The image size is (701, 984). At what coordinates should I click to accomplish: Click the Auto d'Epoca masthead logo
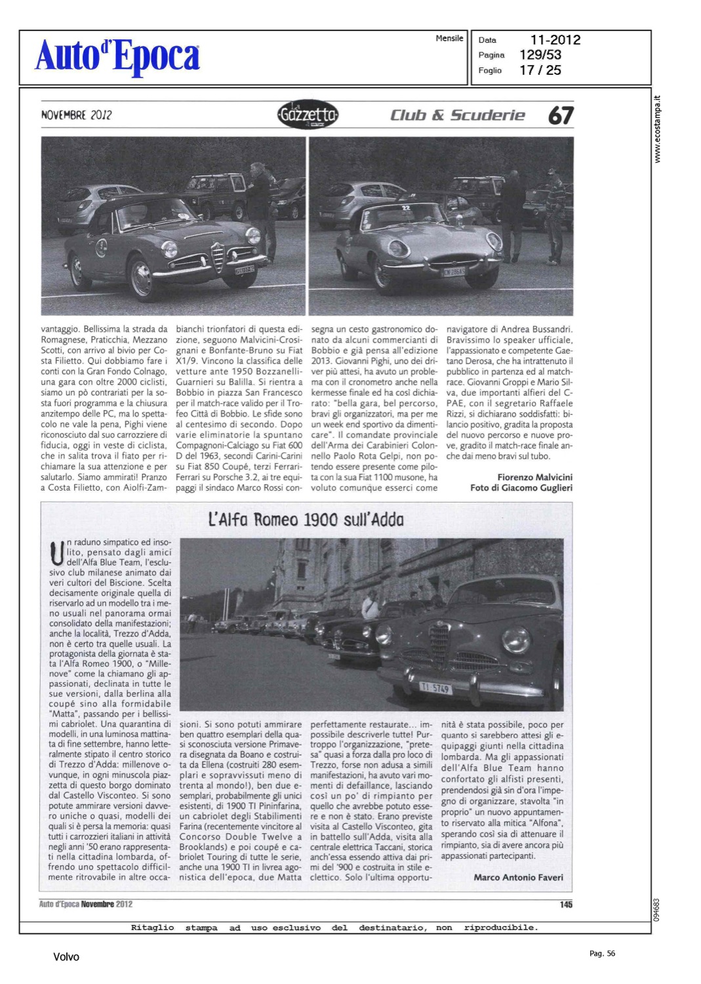tap(117, 56)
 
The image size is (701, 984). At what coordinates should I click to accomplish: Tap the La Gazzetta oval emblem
tap(308, 115)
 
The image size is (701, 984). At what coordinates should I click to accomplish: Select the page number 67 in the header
tap(561, 115)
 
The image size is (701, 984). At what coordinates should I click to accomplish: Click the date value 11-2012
tap(555, 40)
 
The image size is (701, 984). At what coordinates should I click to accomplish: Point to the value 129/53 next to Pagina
tap(540, 55)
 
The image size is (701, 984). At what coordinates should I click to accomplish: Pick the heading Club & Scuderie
tap(458, 115)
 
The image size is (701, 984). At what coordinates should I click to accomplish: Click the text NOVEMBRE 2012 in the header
tap(76, 115)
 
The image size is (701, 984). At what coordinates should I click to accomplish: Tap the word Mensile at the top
tap(449, 39)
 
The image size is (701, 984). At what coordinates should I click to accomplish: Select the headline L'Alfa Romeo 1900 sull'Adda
tap(306, 520)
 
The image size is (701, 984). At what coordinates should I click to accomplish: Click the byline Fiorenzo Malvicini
tap(534, 477)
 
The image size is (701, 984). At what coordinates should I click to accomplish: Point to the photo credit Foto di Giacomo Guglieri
tap(521, 487)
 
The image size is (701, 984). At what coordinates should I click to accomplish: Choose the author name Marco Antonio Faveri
tap(518, 877)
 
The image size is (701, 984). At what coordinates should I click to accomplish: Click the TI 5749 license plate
tap(435, 687)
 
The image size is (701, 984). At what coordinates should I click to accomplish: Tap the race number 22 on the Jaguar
tap(406, 208)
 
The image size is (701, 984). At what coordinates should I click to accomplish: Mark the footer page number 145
tap(566, 905)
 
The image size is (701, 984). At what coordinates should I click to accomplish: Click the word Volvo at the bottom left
tap(66, 957)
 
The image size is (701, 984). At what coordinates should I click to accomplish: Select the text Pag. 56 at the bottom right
tap(602, 953)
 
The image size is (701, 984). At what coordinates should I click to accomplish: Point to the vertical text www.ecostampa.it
tap(658, 129)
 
